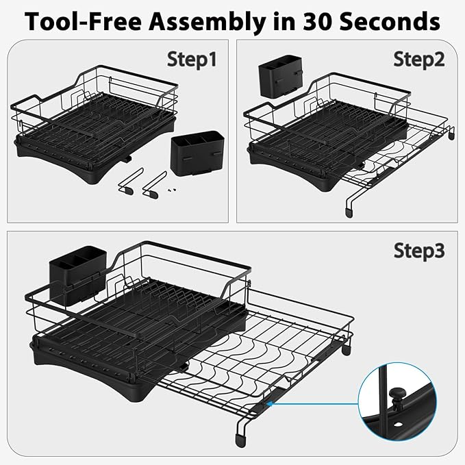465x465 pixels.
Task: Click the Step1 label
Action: click(x=192, y=60)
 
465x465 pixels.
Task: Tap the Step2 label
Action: click(x=418, y=60)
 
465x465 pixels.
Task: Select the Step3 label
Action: click(x=419, y=251)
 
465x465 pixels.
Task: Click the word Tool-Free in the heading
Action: click(x=84, y=21)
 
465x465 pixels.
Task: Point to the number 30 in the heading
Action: click(x=318, y=21)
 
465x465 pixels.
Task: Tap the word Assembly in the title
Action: click(x=208, y=23)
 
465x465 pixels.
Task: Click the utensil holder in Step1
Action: click(x=197, y=153)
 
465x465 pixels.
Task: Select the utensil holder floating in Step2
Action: click(x=281, y=77)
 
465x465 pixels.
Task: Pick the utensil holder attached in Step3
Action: click(x=77, y=276)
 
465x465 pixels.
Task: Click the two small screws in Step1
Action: click(x=173, y=189)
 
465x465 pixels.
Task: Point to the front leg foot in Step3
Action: click(x=240, y=440)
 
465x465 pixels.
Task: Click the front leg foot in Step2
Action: click(x=349, y=212)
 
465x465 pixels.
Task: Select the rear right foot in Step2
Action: click(x=451, y=135)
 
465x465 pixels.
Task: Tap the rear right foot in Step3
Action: click(x=346, y=349)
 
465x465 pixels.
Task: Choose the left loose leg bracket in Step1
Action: click(x=130, y=181)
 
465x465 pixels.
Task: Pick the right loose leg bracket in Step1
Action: click(x=154, y=185)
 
